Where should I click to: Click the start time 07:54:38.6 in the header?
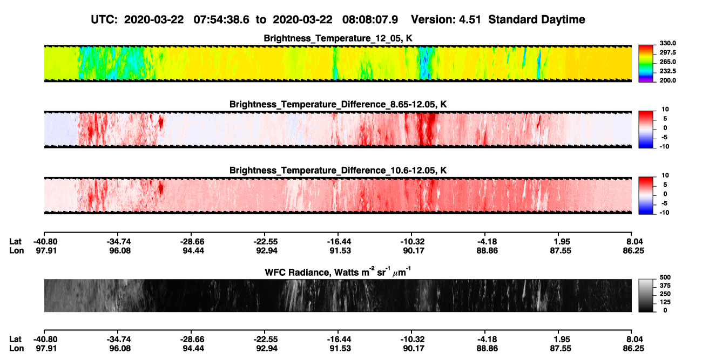(221, 19)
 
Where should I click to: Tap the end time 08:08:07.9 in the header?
(370, 19)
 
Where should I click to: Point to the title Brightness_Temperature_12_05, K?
(338, 38)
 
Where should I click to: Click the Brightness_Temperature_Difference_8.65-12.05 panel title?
(338, 104)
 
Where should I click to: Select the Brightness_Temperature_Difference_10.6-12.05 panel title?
(338, 171)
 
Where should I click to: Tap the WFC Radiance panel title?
(338, 272)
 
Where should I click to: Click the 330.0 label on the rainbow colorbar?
(667, 43)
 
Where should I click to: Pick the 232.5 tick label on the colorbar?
(667, 71)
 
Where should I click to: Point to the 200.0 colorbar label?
(667, 80)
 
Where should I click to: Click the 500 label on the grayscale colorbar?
(665, 277)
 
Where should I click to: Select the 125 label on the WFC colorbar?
(665, 302)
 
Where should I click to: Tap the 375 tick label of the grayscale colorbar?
(665, 286)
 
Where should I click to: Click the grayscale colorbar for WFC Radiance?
(646, 295)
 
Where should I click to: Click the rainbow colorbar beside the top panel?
(646, 64)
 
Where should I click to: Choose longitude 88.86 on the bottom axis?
(487, 348)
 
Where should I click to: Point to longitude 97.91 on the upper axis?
(46, 250)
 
